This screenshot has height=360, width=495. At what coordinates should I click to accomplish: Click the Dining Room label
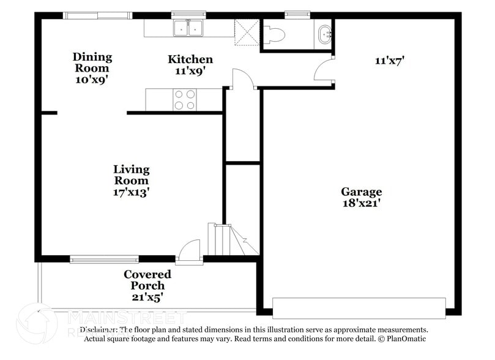point(92,57)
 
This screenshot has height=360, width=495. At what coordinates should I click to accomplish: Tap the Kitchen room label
point(190,59)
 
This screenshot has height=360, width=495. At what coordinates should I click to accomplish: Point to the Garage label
point(361,192)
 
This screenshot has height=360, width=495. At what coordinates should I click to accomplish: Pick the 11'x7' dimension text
point(390,61)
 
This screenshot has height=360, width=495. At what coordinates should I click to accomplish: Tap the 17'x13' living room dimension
point(132,192)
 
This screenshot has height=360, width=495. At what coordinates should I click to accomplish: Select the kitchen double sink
point(188,28)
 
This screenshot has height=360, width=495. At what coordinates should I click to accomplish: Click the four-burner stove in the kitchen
point(185,99)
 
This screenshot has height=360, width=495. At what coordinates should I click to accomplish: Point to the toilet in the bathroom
point(274,35)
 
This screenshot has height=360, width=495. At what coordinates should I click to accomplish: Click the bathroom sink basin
point(324,34)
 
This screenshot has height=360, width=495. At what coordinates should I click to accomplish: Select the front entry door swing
point(190,251)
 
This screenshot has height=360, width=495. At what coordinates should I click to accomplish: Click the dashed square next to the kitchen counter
point(248,32)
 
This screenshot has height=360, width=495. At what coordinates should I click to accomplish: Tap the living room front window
point(104,260)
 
